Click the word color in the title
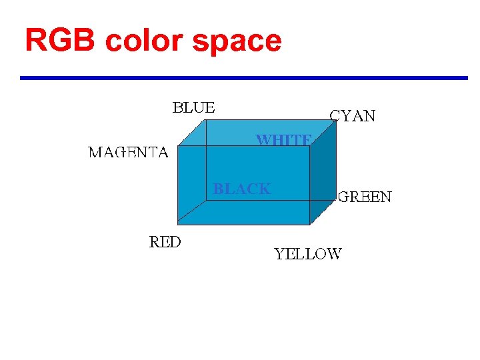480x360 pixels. (x=143, y=41)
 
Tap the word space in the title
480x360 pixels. (x=237, y=42)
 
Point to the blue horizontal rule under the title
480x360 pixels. (x=244, y=78)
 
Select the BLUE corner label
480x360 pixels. (x=194, y=107)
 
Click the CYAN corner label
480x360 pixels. (x=353, y=116)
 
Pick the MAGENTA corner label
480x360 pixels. (x=128, y=153)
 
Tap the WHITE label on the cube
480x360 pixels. (x=284, y=140)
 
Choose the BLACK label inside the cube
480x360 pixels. (x=242, y=189)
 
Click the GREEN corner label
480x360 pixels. (x=365, y=197)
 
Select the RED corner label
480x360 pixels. (x=165, y=242)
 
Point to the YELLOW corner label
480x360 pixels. (x=308, y=254)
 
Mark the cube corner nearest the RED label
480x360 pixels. (x=178, y=224)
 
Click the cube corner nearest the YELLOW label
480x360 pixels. (x=310, y=224)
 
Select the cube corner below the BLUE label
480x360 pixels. (x=205, y=122)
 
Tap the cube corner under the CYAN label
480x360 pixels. (x=336, y=122)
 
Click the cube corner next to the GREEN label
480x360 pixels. (x=336, y=199)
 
